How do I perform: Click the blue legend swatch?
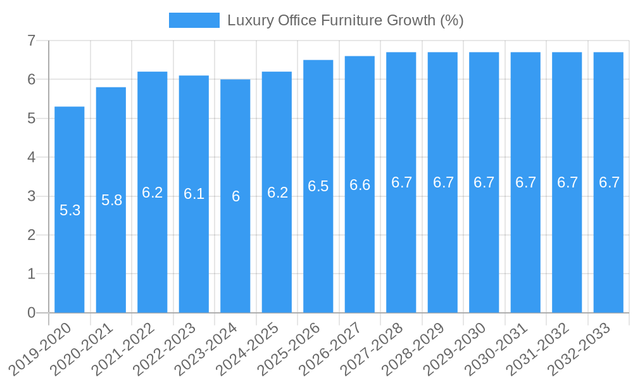(194, 20)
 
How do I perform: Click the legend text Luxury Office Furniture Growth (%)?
(345, 20)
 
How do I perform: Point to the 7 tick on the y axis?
(31, 41)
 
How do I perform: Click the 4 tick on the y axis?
(31, 157)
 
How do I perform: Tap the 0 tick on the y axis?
(31, 313)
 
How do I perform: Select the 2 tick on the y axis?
(31, 235)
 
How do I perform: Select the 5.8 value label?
(111, 201)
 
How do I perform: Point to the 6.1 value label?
(194, 194)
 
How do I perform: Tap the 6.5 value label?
(318, 186)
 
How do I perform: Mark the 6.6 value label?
(360, 185)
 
